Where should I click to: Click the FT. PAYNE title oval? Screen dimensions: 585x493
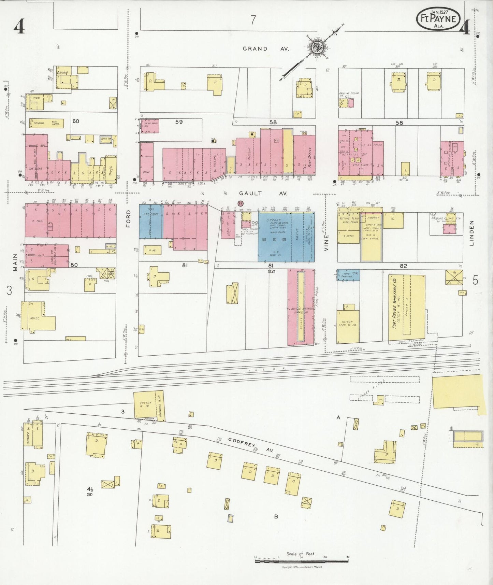click(438, 18)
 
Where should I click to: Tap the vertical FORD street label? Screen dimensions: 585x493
click(129, 219)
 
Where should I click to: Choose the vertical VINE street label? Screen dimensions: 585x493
click(326, 243)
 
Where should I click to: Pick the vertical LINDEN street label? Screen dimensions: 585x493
click(472, 233)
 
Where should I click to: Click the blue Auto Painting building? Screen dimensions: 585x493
click(348, 275)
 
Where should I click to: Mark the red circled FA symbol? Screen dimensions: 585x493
click(240, 203)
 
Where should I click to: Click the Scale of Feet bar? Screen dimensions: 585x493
click(301, 560)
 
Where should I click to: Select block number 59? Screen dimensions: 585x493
click(179, 122)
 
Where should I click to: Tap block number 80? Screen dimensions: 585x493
click(74, 265)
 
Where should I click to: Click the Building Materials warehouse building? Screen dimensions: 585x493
click(301, 307)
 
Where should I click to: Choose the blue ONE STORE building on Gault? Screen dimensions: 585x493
click(150, 222)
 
